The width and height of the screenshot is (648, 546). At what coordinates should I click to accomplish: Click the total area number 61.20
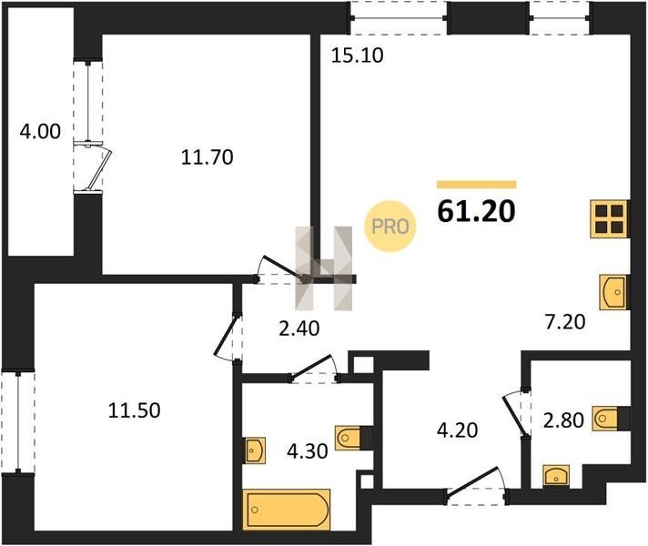pyautogui.click(x=477, y=211)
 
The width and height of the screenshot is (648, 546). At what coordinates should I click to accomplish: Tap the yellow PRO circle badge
pyautogui.click(x=390, y=226)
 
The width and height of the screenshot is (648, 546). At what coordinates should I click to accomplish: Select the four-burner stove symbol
pyautogui.click(x=609, y=218)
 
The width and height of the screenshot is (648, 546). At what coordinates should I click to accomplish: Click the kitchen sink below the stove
pyautogui.click(x=613, y=292)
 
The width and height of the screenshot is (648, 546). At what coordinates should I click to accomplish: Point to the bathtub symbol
pyautogui.click(x=287, y=510)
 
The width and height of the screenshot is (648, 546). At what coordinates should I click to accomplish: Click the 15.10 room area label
pyautogui.click(x=358, y=56)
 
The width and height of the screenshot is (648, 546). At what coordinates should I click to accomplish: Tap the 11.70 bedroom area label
pyautogui.click(x=207, y=157)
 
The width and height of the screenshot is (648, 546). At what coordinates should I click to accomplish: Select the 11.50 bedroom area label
pyautogui.click(x=135, y=410)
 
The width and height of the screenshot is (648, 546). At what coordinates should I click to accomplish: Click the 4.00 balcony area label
pyautogui.click(x=40, y=131)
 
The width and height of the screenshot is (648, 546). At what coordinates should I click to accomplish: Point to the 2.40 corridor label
pyautogui.click(x=299, y=329)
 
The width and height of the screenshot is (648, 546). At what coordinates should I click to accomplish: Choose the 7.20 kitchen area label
pyautogui.click(x=565, y=322)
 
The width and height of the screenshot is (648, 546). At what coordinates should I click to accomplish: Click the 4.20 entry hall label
pyautogui.click(x=458, y=430)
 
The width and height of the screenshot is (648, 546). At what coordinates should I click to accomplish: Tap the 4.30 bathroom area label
pyautogui.click(x=308, y=451)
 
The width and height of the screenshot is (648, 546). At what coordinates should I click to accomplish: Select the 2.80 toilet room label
pyautogui.click(x=563, y=420)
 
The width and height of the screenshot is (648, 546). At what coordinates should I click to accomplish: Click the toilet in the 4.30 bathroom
pyautogui.click(x=353, y=438)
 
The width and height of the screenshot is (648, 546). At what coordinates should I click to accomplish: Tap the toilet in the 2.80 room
pyautogui.click(x=611, y=419)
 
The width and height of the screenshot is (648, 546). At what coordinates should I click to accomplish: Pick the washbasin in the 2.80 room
pyautogui.click(x=556, y=475)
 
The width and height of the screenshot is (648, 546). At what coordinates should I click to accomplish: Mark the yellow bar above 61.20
pyautogui.click(x=477, y=185)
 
